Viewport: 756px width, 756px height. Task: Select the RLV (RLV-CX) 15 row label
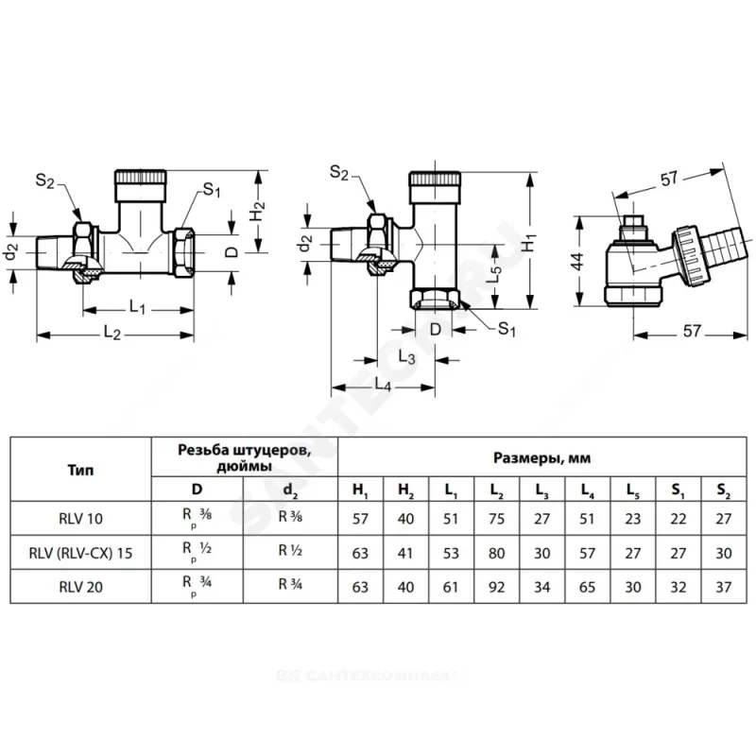(80, 553)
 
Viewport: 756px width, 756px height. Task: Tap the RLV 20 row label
(80, 588)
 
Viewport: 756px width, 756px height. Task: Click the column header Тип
(80, 468)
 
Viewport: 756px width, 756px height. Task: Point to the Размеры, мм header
(541, 457)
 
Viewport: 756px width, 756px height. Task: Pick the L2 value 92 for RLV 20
(495, 588)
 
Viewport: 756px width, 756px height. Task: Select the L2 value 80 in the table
(495, 553)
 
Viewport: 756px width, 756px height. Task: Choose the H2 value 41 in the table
(405, 553)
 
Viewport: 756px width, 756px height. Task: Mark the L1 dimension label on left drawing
(137, 309)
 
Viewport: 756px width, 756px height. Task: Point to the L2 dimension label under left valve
(113, 335)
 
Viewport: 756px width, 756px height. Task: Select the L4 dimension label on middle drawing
(384, 385)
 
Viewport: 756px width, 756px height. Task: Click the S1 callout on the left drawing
(212, 191)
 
